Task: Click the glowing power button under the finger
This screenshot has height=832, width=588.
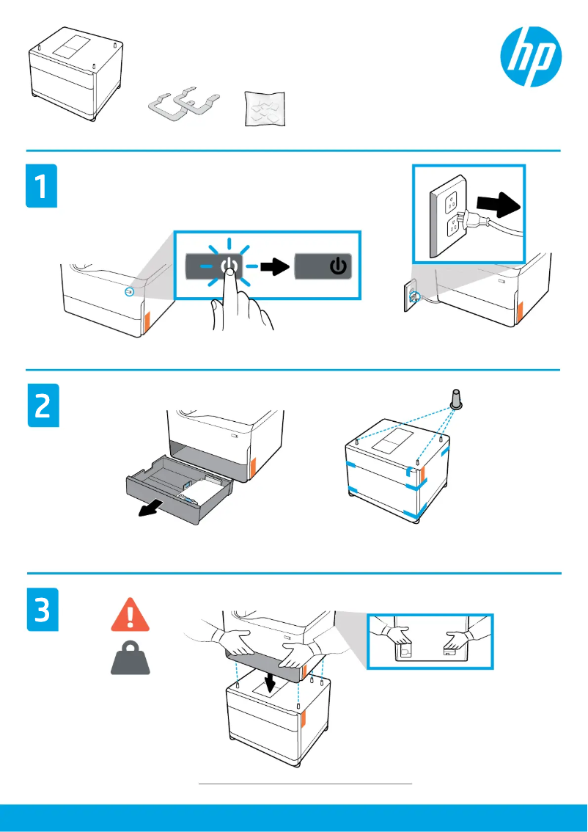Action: pos(229,266)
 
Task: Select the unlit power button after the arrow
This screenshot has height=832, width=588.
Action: pos(324,266)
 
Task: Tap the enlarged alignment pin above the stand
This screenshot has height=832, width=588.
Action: pos(455,400)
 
